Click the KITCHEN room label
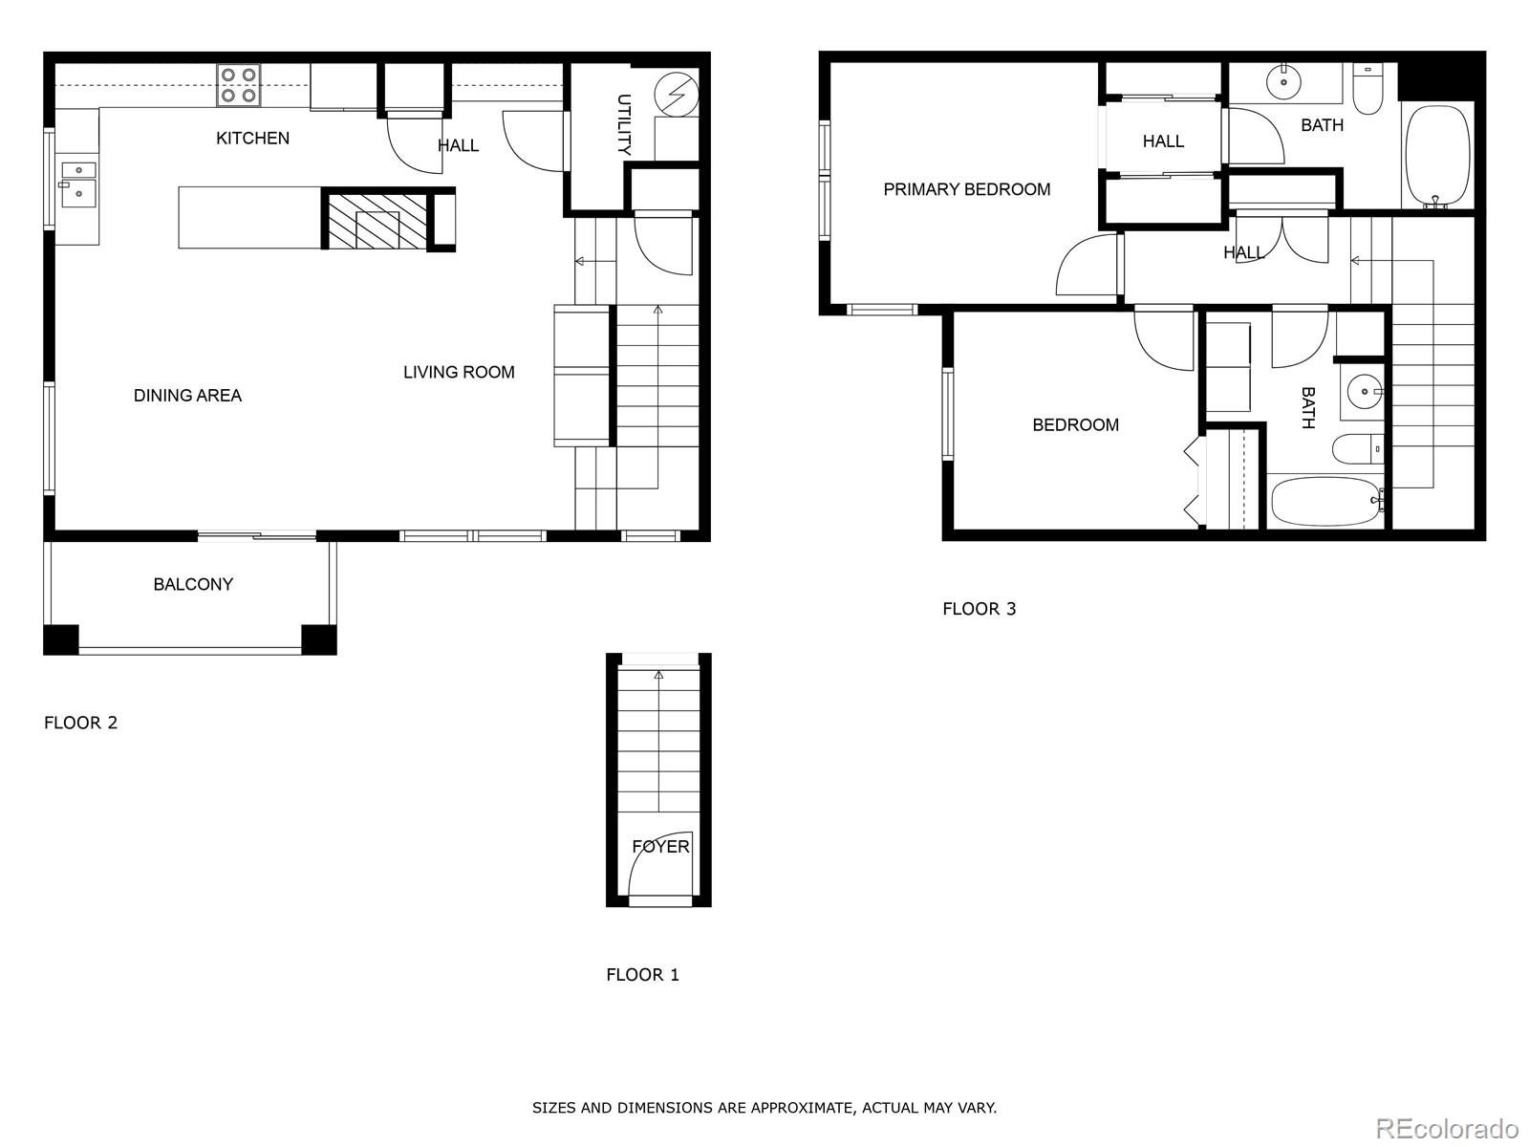(252, 139)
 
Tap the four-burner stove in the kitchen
(238, 84)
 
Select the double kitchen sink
(77, 184)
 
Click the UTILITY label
(623, 124)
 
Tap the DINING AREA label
(187, 396)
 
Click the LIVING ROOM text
(459, 373)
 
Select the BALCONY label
(193, 584)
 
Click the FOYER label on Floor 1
(660, 847)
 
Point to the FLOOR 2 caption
(81, 723)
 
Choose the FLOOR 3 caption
(980, 609)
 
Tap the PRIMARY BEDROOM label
(966, 189)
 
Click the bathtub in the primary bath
(1436, 156)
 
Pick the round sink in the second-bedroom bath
(1363, 391)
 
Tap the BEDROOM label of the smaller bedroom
(1075, 425)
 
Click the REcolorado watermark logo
(1447, 1128)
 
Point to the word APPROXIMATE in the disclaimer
(800, 1108)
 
